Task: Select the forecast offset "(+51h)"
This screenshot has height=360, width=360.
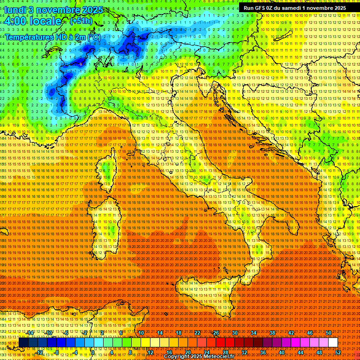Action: (81, 21)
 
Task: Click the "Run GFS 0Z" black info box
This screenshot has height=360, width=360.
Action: (294, 7)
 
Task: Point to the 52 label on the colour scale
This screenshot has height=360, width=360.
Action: (338, 352)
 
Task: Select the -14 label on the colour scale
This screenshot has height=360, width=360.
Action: (30, 333)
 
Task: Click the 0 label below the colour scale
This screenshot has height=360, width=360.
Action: (93, 352)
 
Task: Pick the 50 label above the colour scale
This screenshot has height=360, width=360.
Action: (329, 333)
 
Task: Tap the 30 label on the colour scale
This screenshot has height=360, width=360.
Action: (234, 333)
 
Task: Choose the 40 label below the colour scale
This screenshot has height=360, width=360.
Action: (282, 352)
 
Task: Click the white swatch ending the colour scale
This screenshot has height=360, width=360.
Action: (333, 343)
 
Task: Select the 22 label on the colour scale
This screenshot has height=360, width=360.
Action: (197, 333)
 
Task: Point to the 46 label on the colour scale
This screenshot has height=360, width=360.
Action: (310, 333)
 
